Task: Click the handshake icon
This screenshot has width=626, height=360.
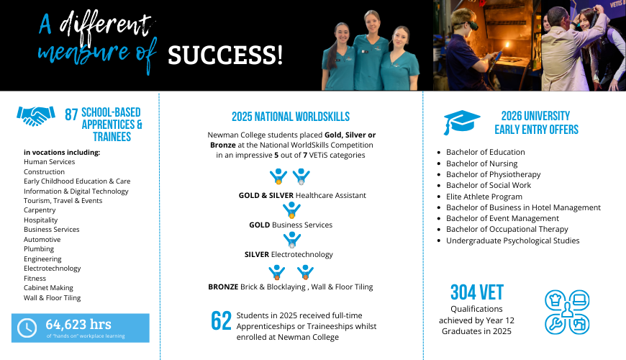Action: pos(35,116)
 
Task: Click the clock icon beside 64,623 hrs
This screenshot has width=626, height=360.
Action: pos(27,328)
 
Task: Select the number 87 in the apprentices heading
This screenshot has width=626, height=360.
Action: pos(71,114)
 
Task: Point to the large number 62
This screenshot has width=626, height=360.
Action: pos(221,321)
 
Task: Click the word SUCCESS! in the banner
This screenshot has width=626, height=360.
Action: pos(225,55)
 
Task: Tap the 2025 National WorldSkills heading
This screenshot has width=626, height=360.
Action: pos(291,117)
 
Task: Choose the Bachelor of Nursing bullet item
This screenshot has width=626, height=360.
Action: pos(481,163)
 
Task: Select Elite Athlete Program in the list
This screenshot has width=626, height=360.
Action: pos(484,197)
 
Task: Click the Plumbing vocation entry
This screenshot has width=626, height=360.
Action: pos(39,249)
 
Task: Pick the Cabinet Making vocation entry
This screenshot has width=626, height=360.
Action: pos(48,288)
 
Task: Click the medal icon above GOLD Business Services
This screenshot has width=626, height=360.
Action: pos(291,210)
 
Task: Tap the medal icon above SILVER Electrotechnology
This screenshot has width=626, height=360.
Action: pos(292,240)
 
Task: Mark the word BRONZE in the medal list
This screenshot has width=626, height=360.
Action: pos(223,287)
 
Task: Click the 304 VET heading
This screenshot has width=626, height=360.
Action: pos(477,292)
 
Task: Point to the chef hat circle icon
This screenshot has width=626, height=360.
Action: pos(555,300)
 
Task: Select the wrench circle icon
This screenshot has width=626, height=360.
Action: pos(555,324)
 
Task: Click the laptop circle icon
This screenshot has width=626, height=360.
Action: pos(579,300)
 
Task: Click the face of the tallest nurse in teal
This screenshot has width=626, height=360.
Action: pos(372,23)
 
